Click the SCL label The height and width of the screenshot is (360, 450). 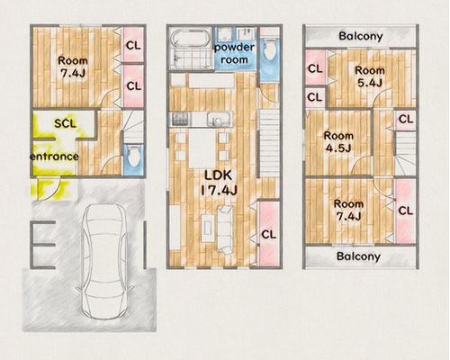click(x=65, y=123)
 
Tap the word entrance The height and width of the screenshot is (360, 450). click(x=54, y=157)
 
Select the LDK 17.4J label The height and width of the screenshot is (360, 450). click(x=218, y=183)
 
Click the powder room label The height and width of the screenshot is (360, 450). click(x=234, y=53)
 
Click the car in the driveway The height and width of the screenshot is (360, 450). click(x=104, y=262)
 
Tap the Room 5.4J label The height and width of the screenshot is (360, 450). click(x=370, y=76)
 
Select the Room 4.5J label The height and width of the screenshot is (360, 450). click(x=338, y=142)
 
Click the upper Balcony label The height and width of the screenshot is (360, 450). click(x=361, y=36)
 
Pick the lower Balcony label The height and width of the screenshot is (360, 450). click(x=358, y=256)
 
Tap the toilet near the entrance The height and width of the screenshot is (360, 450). click(x=133, y=156)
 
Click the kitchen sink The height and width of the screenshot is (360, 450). click(x=220, y=120)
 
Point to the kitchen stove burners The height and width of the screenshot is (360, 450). click(x=181, y=119)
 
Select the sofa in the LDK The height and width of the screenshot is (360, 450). click(x=225, y=229)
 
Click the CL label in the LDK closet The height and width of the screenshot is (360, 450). click(x=269, y=235)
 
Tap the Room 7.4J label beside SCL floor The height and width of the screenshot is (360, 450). click(x=73, y=67)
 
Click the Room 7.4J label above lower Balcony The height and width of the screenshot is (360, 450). click(x=348, y=210)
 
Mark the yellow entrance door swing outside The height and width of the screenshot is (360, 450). click(x=50, y=189)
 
